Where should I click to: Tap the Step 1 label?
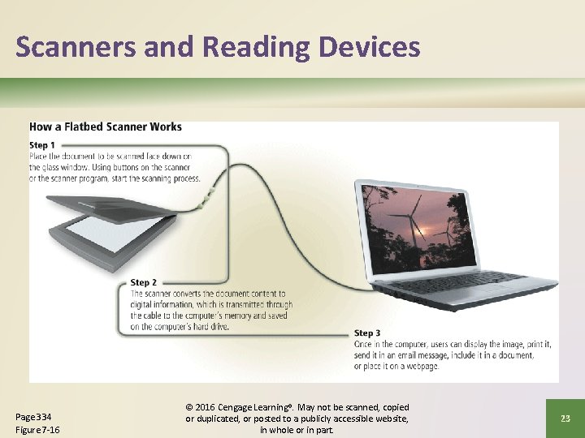(42, 145)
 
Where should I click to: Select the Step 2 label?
(144, 283)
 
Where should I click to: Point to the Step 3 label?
(367, 333)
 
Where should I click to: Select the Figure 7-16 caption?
(38, 429)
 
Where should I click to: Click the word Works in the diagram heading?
(165, 127)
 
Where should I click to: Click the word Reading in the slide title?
(258, 48)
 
